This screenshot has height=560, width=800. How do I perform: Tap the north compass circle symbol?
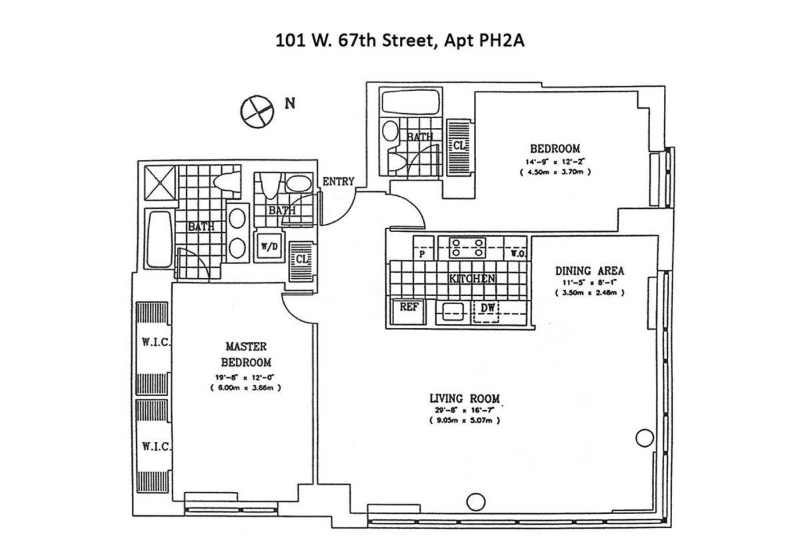tap(256, 109)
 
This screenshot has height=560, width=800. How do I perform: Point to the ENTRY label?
tap(338, 181)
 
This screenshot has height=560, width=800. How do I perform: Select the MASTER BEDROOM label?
tap(247, 355)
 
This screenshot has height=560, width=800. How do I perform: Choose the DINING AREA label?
tap(589, 271)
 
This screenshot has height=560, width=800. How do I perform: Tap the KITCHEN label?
tap(471, 279)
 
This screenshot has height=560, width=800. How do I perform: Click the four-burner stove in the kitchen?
tap(467, 247)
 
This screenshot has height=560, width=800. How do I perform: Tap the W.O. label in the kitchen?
tap(517, 253)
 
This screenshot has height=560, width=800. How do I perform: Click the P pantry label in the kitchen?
tap(421, 253)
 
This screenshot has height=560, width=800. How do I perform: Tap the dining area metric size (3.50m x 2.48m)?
tap(589, 292)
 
